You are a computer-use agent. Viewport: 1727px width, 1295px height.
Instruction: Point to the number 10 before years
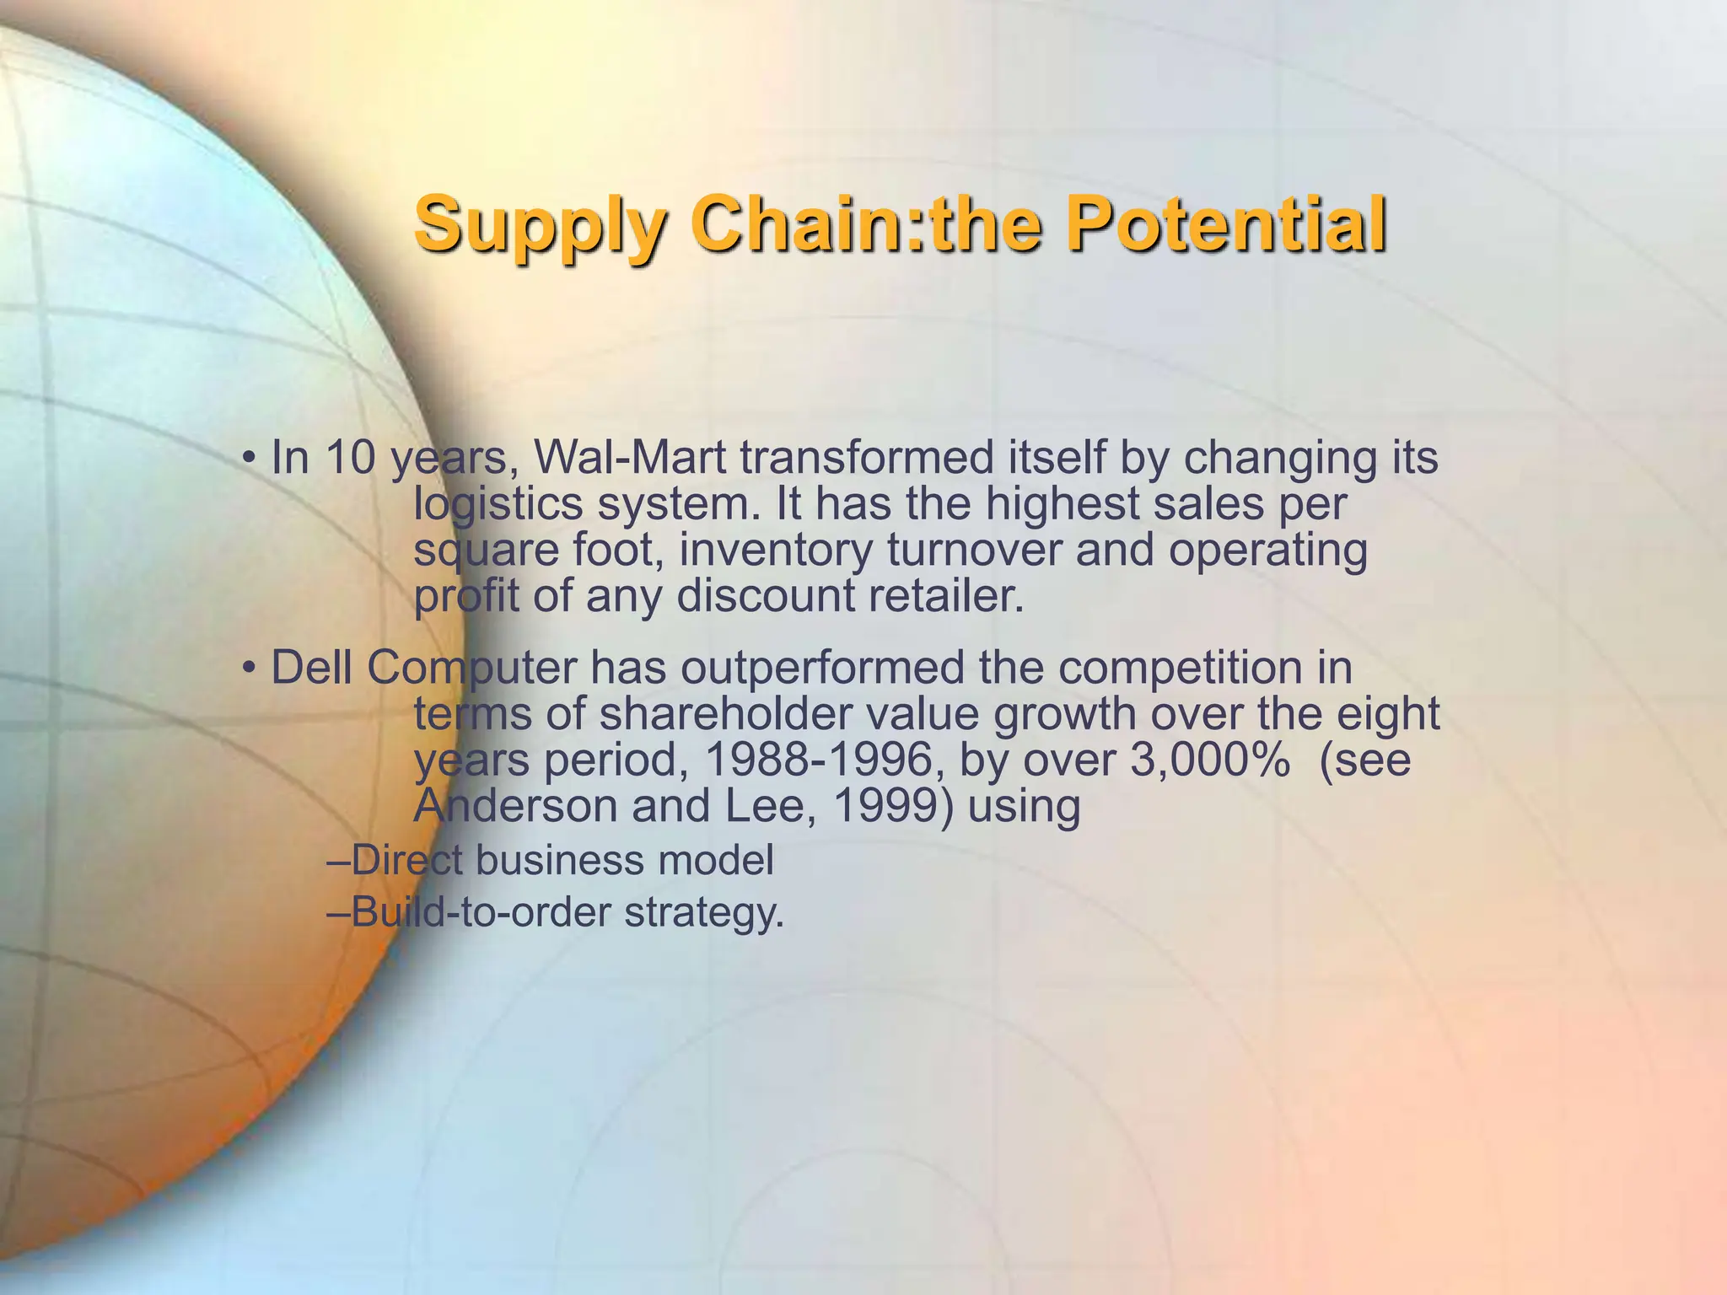[x=350, y=458]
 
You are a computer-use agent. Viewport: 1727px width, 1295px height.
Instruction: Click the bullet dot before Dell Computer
[x=248, y=669]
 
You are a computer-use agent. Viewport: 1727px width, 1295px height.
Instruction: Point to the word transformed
[x=869, y=458]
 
